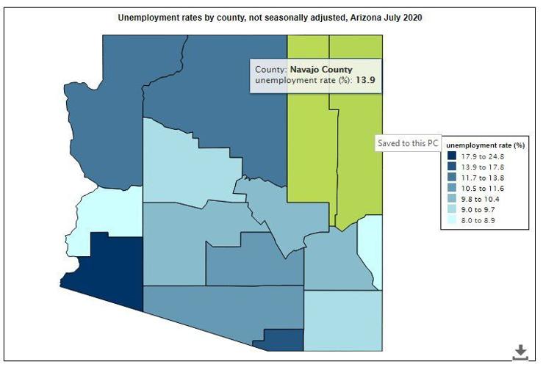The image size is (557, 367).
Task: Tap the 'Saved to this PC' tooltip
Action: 407,143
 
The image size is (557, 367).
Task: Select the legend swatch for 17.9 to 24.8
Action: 452,156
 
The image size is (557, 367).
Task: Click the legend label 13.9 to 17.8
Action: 483,167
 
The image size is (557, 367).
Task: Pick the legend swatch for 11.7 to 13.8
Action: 452,178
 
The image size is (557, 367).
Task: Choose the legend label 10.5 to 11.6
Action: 483,189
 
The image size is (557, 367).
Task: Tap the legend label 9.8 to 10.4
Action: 483,199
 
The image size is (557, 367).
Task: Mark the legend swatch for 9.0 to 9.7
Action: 452,210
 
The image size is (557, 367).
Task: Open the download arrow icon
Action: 520,352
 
